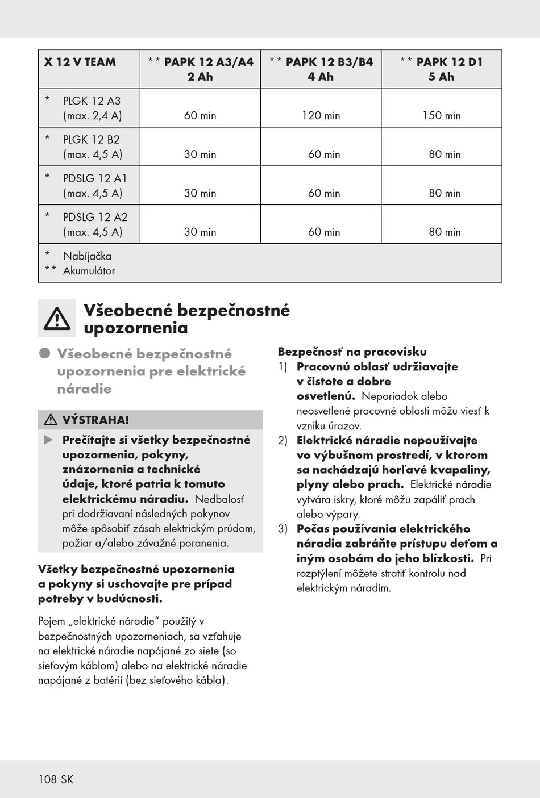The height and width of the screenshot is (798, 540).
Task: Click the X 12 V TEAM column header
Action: pos(80,62)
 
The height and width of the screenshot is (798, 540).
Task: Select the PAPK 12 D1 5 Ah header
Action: pos(441,69)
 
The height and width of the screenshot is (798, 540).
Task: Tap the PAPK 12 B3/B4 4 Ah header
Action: pos(321,69)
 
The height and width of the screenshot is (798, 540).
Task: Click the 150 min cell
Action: pos(441,116)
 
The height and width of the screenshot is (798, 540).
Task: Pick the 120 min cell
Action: pos(321,116)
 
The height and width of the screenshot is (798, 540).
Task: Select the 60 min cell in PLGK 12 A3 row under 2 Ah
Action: pos(200,116)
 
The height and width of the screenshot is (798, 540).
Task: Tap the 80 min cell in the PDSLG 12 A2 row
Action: pos(445,232)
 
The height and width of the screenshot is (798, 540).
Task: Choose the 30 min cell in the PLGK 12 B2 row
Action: pos(200,154)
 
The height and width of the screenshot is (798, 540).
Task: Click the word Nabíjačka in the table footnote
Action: pos(87,256)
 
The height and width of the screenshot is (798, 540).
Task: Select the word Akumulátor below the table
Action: pos(89,271)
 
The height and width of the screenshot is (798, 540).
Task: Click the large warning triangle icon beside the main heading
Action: pos(57,319)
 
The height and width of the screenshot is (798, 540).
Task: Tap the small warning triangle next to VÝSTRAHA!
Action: pos(51,420)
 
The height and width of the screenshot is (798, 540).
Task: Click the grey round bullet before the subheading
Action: pos(45,353)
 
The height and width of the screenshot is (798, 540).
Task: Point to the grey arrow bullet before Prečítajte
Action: pos(49,440)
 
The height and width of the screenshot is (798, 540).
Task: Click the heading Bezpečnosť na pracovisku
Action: pos(352,352)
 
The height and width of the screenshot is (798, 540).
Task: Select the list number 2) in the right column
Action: pos(283,440)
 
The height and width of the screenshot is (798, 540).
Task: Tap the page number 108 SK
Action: pos(56,779)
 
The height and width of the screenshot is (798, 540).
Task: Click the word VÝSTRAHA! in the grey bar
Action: pos(95,420)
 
